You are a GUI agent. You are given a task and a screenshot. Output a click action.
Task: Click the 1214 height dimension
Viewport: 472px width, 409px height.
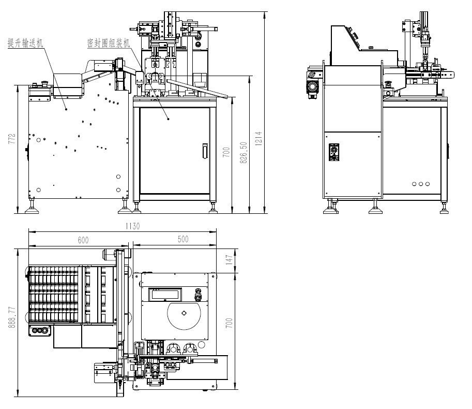(259, 139)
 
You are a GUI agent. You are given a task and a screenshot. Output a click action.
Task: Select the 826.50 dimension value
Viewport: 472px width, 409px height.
(243, 153)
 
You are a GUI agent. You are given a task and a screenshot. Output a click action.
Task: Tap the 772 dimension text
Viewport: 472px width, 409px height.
(12, 139)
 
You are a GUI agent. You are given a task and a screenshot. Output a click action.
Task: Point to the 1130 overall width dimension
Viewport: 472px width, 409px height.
(133, 226)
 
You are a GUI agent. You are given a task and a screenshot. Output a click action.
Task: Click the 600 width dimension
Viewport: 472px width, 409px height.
(83, 240)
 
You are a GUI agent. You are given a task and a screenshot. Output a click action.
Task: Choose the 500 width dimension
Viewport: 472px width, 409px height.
(183, 239)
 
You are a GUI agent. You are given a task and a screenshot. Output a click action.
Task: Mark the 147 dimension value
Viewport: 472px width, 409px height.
(230, 260)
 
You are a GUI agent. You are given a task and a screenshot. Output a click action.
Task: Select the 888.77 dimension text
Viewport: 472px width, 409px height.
(12, 317)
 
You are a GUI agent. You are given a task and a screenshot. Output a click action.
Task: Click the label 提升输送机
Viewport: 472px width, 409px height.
(25, 43)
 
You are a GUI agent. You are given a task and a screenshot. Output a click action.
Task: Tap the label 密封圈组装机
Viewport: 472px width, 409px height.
(109, 43)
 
